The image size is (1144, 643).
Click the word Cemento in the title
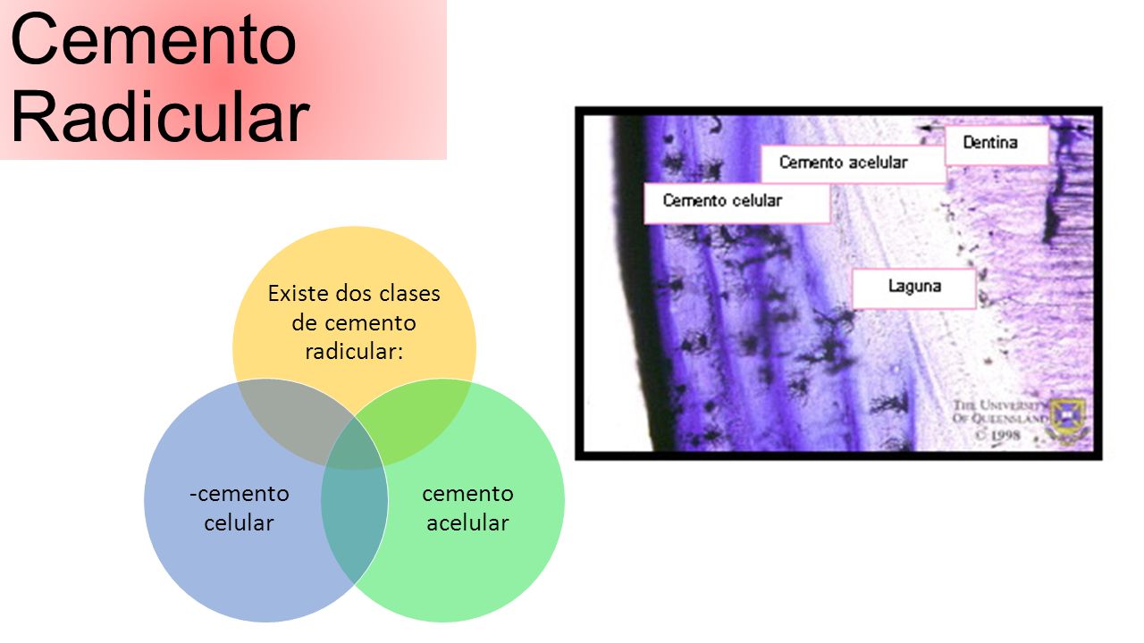(154, 40)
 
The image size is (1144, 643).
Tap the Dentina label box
(996, 144)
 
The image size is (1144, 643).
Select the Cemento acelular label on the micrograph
(843, 163)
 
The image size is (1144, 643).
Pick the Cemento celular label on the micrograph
(722, 201)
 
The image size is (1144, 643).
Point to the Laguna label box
(913, 287)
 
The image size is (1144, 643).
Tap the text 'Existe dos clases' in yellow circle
(354, 293)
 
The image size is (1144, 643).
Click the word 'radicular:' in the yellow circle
(354, 351)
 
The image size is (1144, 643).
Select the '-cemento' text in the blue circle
(239, 493)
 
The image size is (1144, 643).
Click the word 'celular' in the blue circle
(239, 522)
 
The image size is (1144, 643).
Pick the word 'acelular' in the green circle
(467, 522)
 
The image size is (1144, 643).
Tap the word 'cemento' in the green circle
(467, 493)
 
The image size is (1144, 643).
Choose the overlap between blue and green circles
(354, 527)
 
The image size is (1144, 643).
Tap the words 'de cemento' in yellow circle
(354, 322)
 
